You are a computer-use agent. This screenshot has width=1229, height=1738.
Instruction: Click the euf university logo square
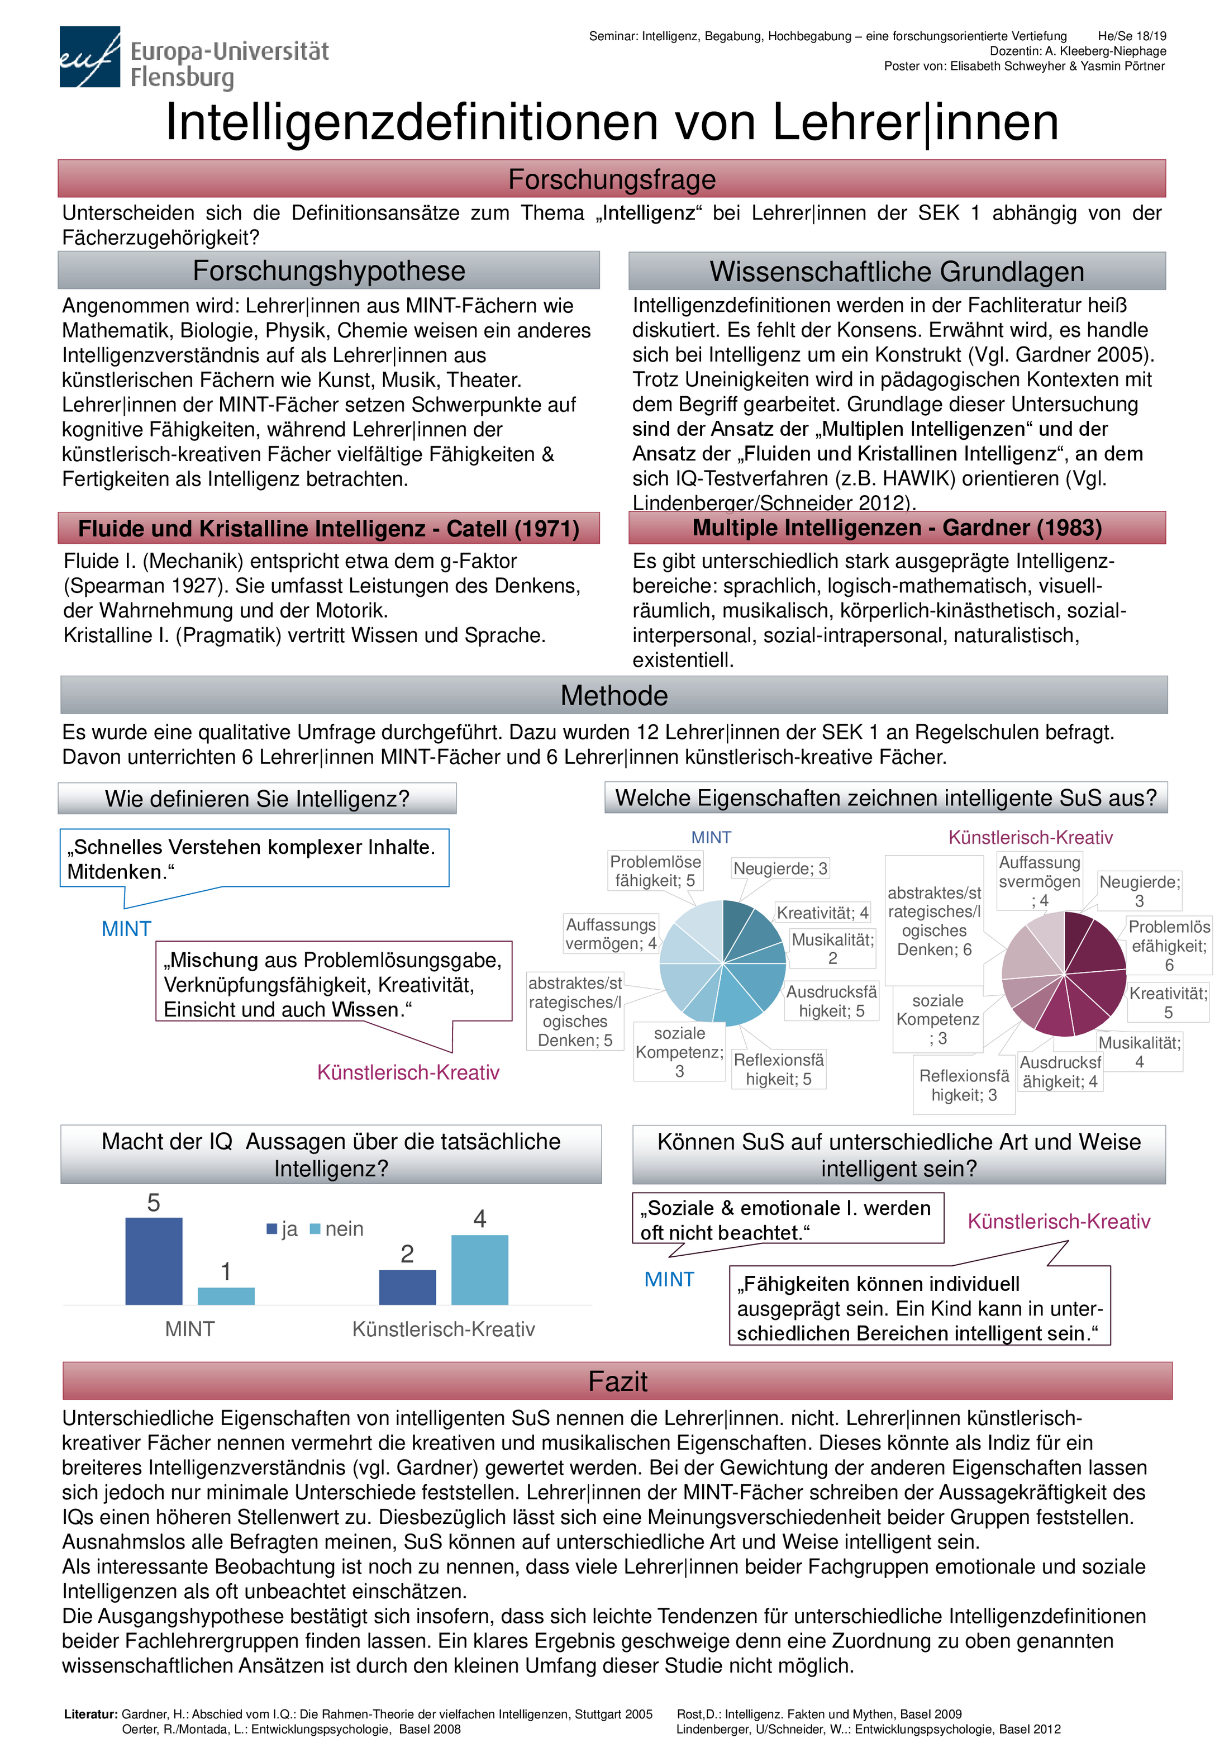pos(89,57)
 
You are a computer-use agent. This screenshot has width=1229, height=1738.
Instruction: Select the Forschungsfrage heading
pos(612,179)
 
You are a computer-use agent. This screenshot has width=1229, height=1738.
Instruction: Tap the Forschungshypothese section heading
pos(328,271)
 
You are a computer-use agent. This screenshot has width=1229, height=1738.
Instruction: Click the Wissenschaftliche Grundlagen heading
pos(897,272)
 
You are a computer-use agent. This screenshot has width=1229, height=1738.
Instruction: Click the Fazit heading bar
pos(617,1381)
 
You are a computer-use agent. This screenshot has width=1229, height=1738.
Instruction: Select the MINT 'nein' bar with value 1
pos(226,1295)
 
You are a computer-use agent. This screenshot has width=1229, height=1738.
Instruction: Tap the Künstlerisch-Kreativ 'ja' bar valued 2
pos(407,1287)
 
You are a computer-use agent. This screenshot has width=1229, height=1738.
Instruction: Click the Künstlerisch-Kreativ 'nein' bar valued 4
pos(480,1270)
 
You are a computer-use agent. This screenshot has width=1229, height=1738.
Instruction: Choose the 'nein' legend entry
pos(337,1228)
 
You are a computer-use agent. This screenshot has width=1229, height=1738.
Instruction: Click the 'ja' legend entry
pos(282,1228)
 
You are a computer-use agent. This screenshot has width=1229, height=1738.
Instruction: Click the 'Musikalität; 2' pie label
pos(832,948)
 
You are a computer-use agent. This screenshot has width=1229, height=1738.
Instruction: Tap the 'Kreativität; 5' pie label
pos(1168,1002)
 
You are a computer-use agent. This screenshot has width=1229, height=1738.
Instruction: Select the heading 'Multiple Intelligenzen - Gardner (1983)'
pos(897,528)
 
